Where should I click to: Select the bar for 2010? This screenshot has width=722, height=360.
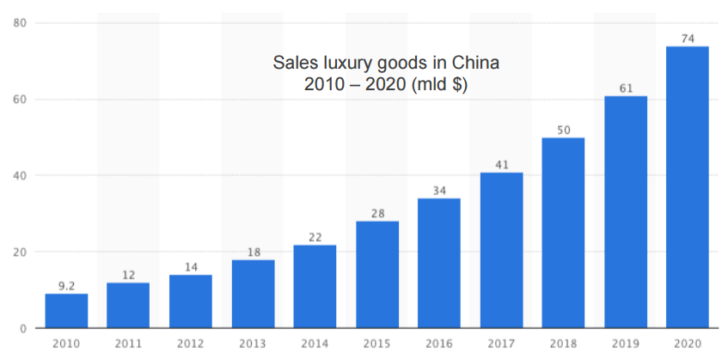[x=66, y=311]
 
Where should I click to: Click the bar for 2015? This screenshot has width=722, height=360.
[x=377, y=275]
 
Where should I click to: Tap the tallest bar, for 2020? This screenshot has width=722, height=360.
[x=688, y=187]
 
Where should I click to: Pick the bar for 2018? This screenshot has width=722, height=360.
[x=563, y=233]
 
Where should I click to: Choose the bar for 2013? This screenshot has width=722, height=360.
[x=253, y=294]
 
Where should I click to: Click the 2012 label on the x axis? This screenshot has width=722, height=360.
[x=191, y=344]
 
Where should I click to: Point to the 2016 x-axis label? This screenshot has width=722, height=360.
[x=439, y=344]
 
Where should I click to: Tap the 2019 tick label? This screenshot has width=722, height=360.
[x=626, y=344]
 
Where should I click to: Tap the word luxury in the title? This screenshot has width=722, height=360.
[x=350, y=63]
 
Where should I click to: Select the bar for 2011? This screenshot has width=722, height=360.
[x=128, y=306]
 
